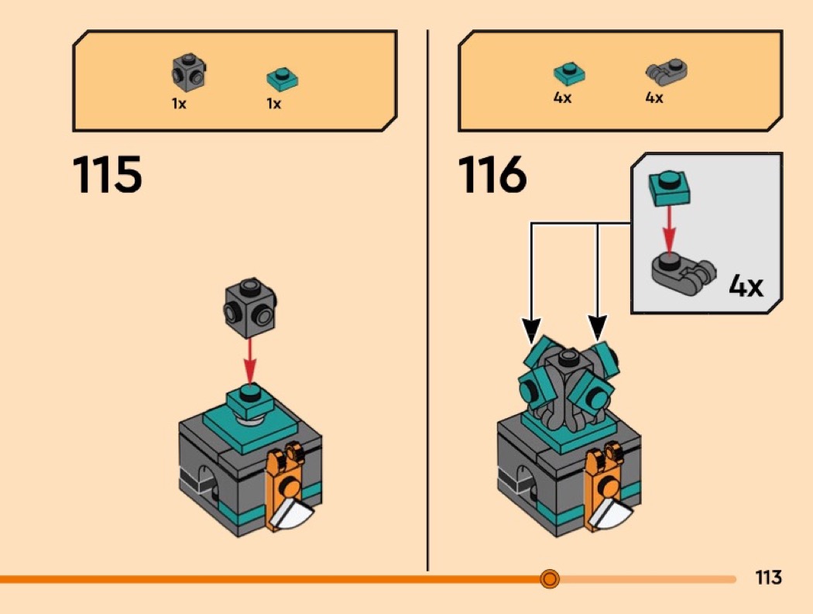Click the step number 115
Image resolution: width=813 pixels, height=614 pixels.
[108, 174]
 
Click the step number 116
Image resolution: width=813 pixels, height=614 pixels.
[493, 174]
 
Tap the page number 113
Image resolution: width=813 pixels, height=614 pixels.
[768, 578]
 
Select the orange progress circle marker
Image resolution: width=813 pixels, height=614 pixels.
[550, 578]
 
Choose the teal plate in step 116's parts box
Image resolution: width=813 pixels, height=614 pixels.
[569, 74]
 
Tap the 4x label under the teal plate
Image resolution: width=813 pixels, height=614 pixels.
[563, 98]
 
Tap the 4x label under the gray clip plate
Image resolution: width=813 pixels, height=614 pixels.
[654, 98]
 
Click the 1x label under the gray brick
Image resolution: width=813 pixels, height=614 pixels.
[179, 104]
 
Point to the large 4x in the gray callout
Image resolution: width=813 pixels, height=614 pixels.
[746, 287]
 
